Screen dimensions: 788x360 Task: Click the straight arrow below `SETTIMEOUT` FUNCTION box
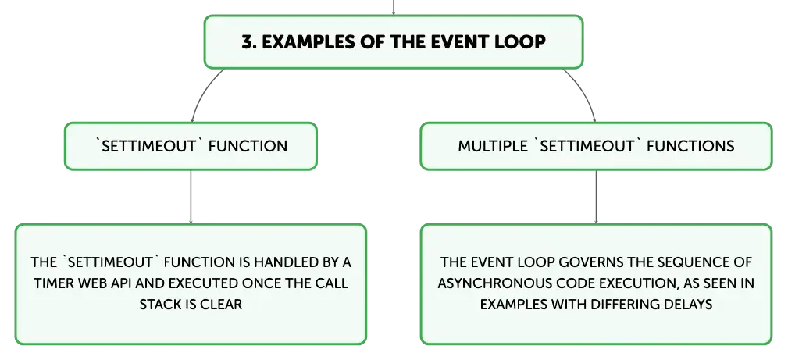pyautogui.click(x=191, y=197)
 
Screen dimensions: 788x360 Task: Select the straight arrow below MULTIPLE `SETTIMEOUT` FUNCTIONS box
pyautogui.click(x=596, y=197)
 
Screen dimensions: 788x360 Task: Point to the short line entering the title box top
pyautogui.click(x=394, y=8)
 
